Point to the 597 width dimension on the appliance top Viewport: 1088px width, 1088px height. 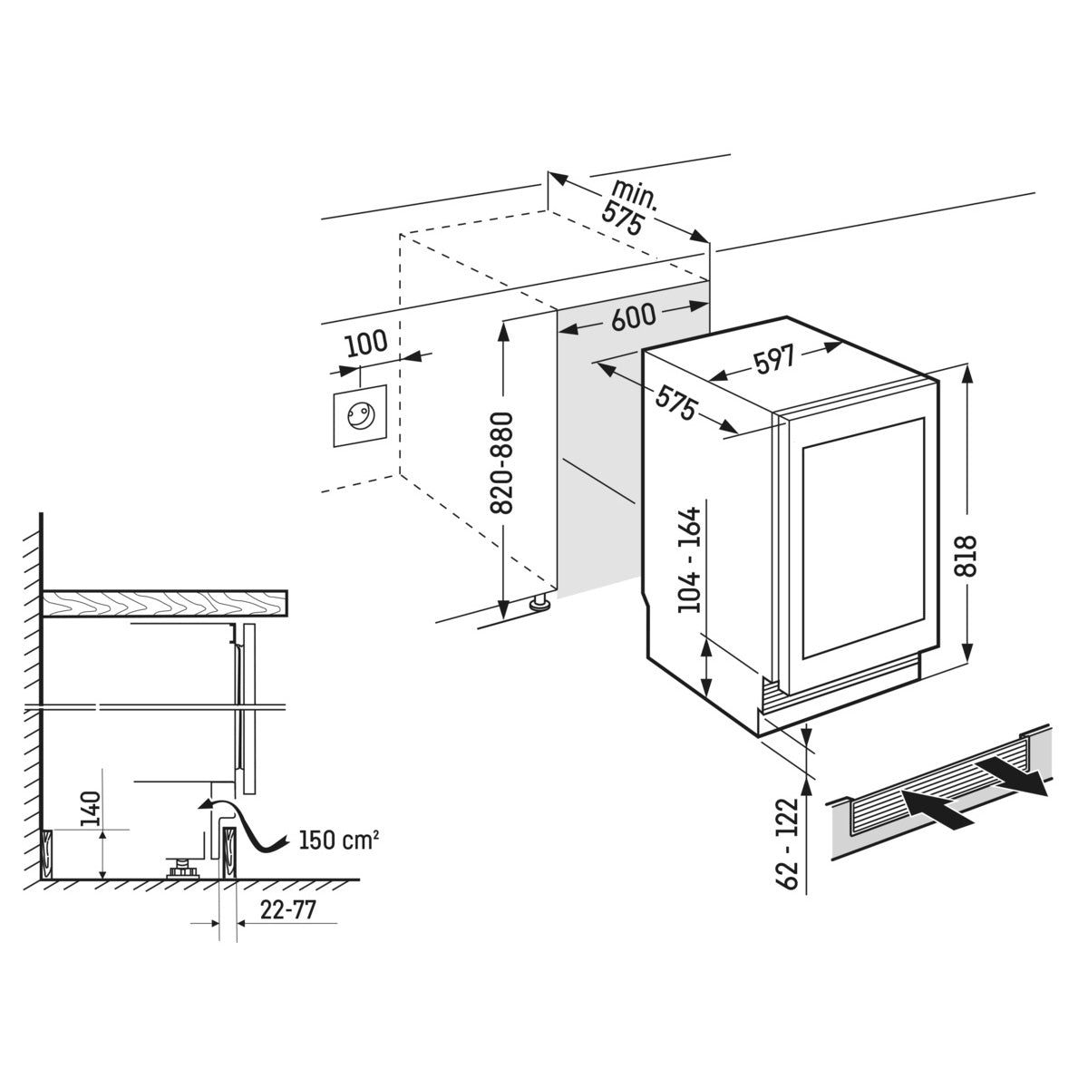point(773,360)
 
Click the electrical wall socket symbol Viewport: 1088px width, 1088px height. point(359,416)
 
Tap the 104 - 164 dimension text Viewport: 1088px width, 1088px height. point(690,559)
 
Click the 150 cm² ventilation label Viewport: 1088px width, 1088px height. point(338,840)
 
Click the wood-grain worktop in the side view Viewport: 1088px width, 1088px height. point(163,603)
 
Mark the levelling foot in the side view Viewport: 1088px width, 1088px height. point(183,869)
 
